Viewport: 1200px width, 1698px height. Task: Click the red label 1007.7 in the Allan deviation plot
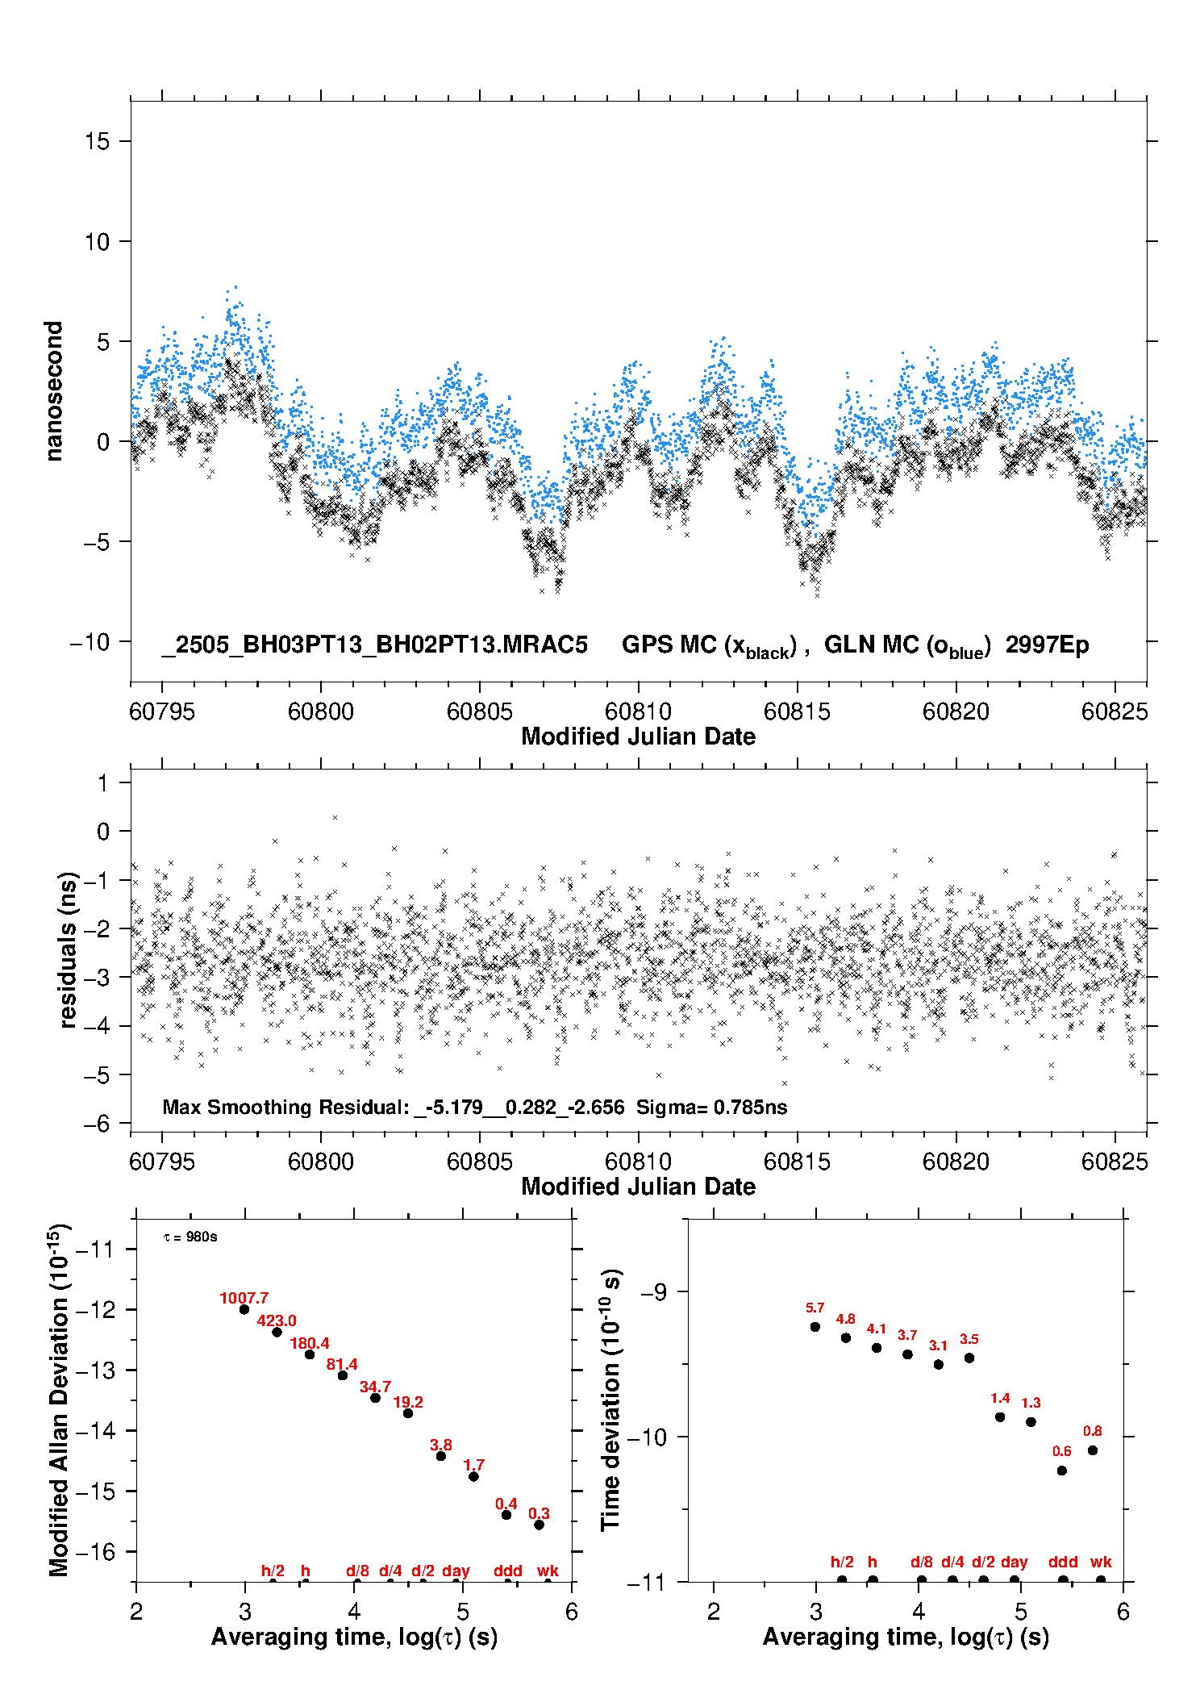[244, 1298]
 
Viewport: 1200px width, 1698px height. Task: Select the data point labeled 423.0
[277, 1332]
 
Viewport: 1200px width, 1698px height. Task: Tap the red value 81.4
[342, 1364]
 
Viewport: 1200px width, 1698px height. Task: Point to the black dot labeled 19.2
[408, 1413]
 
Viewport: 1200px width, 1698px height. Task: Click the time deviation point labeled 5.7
[815, 1327]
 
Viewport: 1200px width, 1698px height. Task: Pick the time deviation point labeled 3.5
[969, 1358]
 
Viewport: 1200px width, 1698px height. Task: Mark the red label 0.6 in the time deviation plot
[1062, 1451]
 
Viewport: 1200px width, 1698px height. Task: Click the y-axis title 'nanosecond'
[54, 391]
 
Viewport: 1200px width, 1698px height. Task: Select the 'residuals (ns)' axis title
[69, 949]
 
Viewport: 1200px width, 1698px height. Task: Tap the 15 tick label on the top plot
[97, 141]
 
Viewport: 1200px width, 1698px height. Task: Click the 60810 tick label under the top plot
[638, 711]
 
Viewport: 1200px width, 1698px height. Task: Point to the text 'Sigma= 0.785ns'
[711, 1107]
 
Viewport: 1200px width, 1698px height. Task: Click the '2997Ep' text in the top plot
[1047, 645]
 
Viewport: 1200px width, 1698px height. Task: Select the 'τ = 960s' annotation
[190, 1237]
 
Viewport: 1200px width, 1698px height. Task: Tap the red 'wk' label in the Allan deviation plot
[548, 1571]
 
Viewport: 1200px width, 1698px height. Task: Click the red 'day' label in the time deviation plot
[1015, 1562]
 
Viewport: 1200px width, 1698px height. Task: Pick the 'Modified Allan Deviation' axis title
[59, 1399]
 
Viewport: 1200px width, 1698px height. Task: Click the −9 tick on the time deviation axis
[653, 1291]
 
